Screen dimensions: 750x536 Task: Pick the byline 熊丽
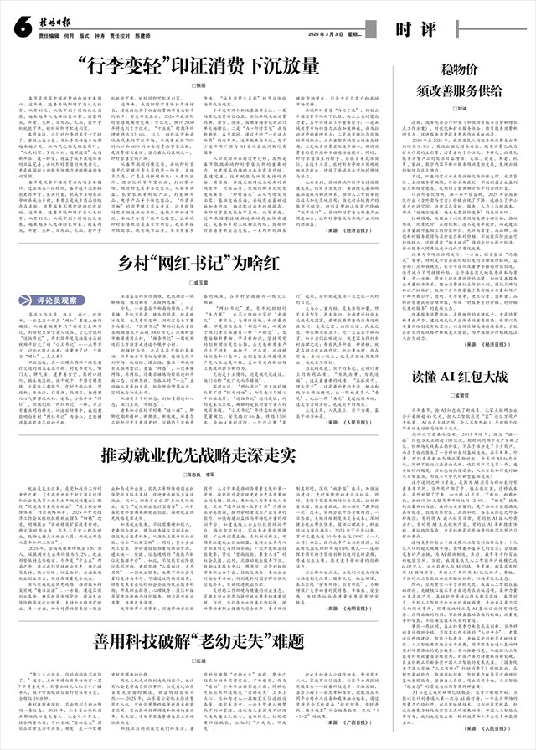[199, 86]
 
